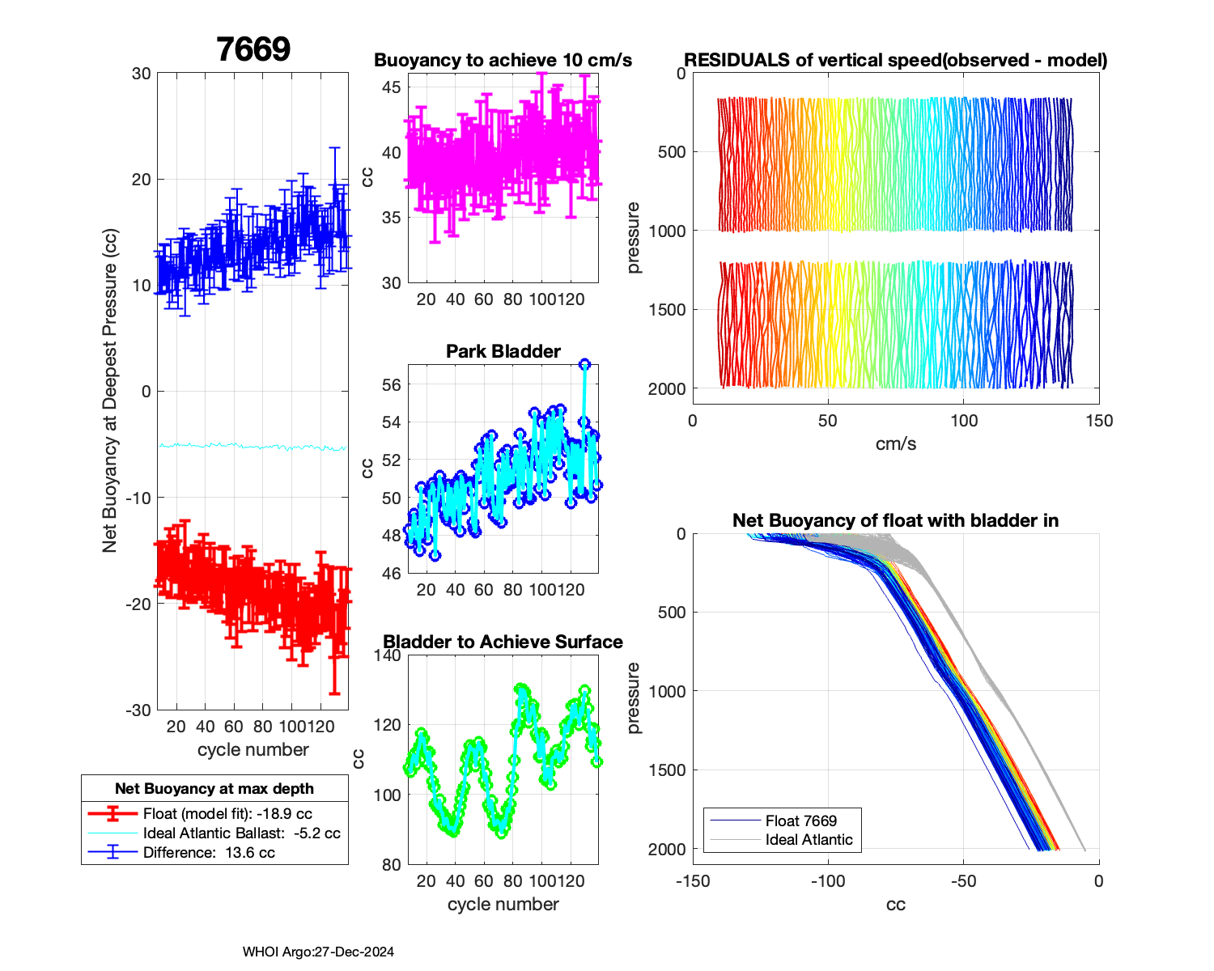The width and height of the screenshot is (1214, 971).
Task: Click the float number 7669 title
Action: pyautogui.click(x=253, y=50)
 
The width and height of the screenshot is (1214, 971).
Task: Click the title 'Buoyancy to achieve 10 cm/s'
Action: pyautogui.click(x=503, y=61)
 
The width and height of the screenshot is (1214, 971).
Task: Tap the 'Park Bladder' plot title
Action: pyautogui.click(x=503, y=351)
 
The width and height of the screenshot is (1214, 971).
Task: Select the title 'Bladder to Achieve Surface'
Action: pyautogui.click(x=503, y=642)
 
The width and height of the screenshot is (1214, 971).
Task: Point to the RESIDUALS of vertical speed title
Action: pyautogui.click(x=895, y=61)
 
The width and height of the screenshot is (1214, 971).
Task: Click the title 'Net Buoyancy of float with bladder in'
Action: pyautogui.click(x=895, y=520)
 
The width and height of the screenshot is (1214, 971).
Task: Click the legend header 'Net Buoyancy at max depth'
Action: pyautogui.click(x=214, y=789)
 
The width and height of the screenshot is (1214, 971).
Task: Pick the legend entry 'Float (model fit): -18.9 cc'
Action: pyautogui.click(x=227, y=814)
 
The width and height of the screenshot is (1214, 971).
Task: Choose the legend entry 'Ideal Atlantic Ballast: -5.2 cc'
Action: pyautogui.click(x=241, y=833)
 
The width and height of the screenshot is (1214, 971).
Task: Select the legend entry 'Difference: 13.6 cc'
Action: pyautogui.click(x=209, y=853)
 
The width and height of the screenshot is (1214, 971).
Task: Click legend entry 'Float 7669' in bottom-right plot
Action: pyautogui.click(x=800, y=821)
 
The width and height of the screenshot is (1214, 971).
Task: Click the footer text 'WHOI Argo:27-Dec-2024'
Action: pyautogui.click(x=318, y=952)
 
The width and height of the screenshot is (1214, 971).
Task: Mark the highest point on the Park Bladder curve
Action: pyautogui.click(x=584, y=364)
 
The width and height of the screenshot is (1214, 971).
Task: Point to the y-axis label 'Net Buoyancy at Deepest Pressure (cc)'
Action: pyautogui.click(x=110, y=392)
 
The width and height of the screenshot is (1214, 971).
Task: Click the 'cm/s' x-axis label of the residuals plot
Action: pyautogui.click(x=895, y=444)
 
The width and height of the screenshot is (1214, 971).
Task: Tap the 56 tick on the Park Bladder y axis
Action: pyautogui.click(x=391, y=385)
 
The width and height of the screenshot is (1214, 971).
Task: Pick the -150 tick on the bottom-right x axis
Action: pyautogui.click(x=693, y=881)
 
